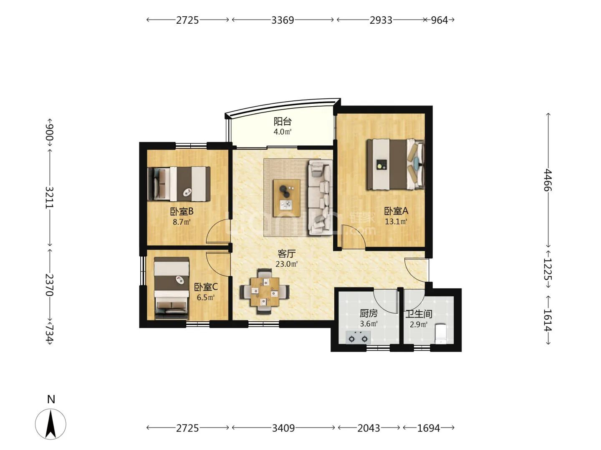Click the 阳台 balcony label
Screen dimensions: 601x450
283,121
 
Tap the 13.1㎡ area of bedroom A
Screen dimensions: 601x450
396,221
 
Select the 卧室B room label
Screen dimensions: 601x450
182,211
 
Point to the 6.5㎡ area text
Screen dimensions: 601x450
205,297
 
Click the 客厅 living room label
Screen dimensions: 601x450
286,254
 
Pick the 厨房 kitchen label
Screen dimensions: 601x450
369,313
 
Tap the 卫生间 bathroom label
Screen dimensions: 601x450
419,314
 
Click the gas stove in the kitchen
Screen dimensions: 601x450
358,337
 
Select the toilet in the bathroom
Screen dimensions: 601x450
440,334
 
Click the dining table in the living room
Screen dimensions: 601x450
265,292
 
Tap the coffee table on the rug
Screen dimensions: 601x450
286,198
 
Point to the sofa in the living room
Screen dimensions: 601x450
321,197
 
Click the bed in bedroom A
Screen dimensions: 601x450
396,165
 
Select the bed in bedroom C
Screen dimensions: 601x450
172,288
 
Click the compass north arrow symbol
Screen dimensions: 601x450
51,424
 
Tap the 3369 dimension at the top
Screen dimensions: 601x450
283,20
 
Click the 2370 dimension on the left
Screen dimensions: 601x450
49,285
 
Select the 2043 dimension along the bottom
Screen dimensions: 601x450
369,428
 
